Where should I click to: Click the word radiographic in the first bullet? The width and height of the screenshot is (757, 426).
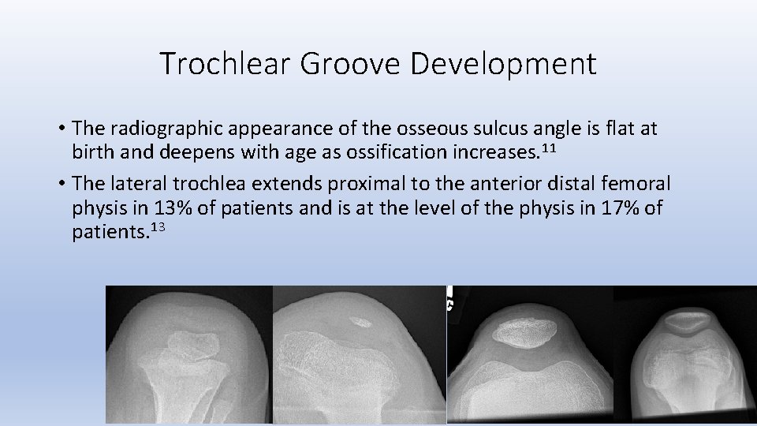pyautogui.click(x=167, y=127)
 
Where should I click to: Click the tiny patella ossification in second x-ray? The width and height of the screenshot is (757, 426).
pyautogui.click(x=361, y=321)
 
